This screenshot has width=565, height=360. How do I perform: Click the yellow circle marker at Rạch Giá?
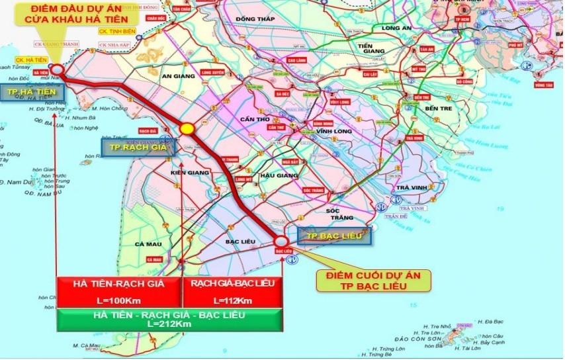(x=187, y=128)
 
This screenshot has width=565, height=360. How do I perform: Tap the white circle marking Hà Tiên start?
(x=57, y=69)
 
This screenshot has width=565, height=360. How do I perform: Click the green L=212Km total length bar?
(x=169, y=320)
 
